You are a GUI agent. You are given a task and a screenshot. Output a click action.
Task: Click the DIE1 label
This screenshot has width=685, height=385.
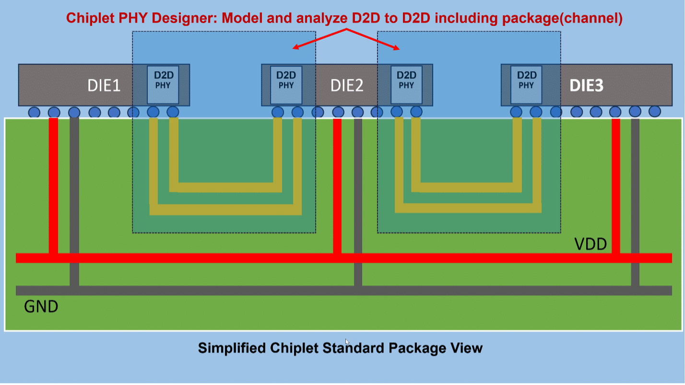(104, 85)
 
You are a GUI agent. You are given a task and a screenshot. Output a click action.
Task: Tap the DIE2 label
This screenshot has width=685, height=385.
(347, 85)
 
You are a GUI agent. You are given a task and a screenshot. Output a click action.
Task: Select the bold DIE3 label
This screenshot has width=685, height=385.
(586, 85)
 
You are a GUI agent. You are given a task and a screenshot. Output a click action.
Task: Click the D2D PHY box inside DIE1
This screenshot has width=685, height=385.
(163, 85)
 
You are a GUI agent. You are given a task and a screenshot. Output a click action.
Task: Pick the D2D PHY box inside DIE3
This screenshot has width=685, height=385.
(526, 85)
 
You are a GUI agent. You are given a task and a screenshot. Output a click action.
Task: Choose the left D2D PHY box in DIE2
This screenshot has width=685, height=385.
(286, 85)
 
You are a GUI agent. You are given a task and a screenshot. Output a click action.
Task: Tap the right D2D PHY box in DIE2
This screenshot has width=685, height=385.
(406, 85)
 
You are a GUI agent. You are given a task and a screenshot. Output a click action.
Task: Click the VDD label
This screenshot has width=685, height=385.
(591, 244)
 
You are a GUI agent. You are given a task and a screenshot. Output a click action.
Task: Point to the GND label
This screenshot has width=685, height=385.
(41, 306)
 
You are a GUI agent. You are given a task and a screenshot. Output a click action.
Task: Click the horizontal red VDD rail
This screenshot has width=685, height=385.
(344, 258)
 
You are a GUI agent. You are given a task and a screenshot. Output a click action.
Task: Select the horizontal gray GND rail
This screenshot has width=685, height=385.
(344, 290)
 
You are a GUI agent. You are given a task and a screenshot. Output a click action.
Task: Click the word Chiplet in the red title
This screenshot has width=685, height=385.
(90, 18)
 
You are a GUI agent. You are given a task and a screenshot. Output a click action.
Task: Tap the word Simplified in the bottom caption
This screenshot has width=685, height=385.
(232, 348)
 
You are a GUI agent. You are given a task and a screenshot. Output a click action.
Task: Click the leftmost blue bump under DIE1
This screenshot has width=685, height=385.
(34, 112)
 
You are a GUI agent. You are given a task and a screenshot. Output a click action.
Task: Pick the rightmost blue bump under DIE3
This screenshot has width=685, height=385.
(655, 111)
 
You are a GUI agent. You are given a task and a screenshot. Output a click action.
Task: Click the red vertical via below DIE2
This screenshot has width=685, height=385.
(337, 186)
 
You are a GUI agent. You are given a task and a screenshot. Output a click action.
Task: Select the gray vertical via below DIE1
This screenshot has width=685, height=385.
(74, 202)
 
